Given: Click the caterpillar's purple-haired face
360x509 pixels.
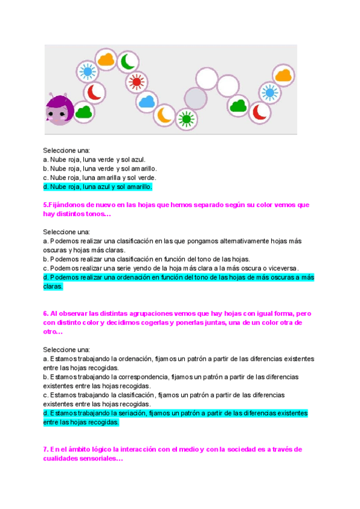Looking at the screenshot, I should coord(59,111).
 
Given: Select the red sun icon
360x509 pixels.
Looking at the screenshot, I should coord(136,82).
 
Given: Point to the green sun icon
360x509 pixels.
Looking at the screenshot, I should coord(187,119).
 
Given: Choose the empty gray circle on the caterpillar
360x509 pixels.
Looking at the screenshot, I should coord(195,98).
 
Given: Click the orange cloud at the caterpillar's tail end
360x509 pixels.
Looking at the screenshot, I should coord(283,75).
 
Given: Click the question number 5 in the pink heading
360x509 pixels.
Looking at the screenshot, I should coord(46,205).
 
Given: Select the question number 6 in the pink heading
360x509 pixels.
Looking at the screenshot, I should coord(46,313).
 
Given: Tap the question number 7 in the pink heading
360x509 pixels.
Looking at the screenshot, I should coord(46,449).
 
